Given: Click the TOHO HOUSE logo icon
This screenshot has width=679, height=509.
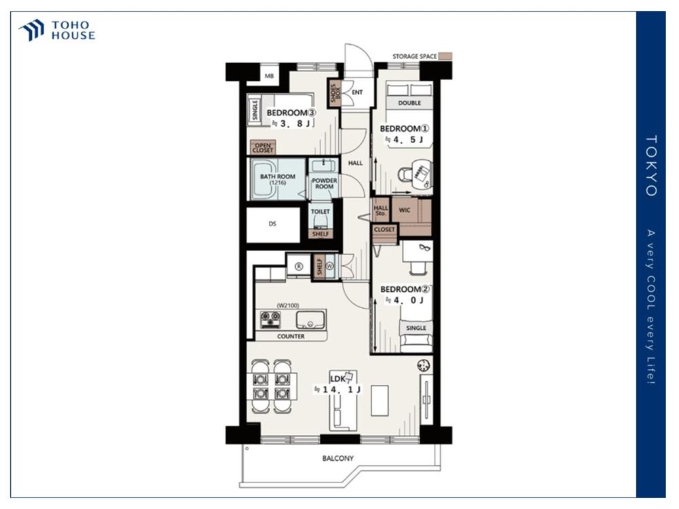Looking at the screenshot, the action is click(31, 31).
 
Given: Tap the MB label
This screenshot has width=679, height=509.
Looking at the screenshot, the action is click(269, 76).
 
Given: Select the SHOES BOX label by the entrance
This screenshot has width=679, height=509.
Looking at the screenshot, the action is click(335, 93).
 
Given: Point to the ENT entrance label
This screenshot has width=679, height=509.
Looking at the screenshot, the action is click(357, 92).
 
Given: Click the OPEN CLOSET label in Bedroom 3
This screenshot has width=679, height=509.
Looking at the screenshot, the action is click(263, 148).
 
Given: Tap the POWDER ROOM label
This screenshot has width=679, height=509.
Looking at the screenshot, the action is click(325, 183).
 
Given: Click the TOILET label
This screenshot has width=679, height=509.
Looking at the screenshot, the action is click(320, 211).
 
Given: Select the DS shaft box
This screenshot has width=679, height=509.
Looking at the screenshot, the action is click(273, 225).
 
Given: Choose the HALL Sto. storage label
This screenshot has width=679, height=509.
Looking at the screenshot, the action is click(381, 210).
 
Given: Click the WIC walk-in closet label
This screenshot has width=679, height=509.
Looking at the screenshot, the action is click(405, 210).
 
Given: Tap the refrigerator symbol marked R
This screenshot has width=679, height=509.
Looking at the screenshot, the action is click(299, 267).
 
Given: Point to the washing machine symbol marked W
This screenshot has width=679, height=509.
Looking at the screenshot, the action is click(330, 266).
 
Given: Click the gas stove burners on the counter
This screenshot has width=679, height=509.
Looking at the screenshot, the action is click(271, 320).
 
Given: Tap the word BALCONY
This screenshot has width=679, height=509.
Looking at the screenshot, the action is click(337, 458).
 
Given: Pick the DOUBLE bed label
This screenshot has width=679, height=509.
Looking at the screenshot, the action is click(409, 103).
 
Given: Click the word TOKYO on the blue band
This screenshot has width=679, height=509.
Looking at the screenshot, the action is click(652, 166).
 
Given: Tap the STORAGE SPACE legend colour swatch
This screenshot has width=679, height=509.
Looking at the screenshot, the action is click(445, 56).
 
